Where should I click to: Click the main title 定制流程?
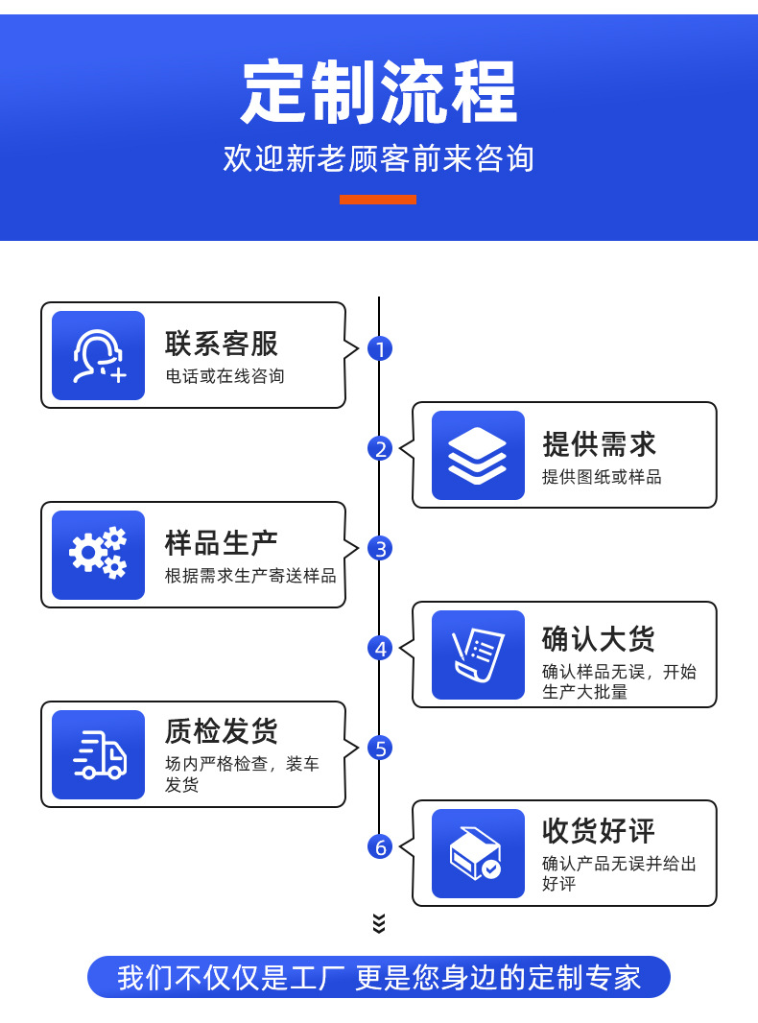point(379,93)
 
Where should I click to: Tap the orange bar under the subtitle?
point(378,200)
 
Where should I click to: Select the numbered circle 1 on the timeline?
point(380,349)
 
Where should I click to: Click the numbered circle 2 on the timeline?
point(380,448)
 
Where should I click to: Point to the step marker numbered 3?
point(380,549)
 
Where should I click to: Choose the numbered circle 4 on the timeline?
point(380,649)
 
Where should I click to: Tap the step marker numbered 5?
point(380,748)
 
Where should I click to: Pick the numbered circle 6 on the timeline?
point(380,847)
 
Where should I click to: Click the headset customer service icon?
point(98,356)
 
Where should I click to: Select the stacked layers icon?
point(478,456)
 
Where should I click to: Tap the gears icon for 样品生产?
point(98,555)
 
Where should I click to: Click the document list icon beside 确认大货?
point(478,655)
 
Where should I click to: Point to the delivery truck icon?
point(98,755)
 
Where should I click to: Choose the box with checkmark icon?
point(478,854)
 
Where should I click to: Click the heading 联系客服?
point(222,344)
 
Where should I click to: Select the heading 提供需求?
point(600,444)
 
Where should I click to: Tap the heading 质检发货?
point(222,731)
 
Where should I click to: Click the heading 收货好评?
point(600,831)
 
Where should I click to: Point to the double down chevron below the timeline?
point(379,923)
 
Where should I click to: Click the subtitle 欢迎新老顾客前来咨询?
point(379,158)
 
